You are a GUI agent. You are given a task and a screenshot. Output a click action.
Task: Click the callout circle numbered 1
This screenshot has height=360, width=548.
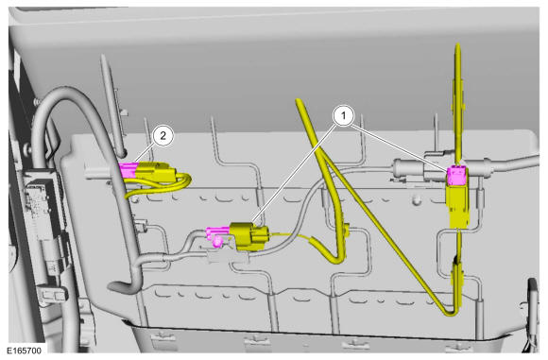(343, 115)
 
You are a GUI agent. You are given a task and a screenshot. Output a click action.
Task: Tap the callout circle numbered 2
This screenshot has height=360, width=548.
(163, 135)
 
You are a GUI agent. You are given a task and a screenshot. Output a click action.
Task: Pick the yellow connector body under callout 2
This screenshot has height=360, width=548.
(155, 172)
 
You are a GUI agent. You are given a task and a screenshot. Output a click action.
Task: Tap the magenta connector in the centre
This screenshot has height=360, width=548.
(217, 231)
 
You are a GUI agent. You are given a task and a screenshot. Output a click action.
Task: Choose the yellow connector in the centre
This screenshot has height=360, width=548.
(248, 236)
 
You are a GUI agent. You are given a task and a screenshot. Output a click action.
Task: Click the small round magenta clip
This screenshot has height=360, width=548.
(218, 241)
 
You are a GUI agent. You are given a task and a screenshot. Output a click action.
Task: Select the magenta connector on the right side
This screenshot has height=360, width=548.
(456, 175)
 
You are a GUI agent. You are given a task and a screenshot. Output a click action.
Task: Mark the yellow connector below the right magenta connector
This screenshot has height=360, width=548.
(457, 206)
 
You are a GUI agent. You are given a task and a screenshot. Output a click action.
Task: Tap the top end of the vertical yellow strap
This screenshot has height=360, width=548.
(457, 44)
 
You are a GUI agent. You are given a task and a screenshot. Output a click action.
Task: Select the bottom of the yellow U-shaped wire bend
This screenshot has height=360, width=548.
(334, 260)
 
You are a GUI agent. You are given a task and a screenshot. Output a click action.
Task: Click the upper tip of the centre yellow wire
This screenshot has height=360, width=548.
(299, 101)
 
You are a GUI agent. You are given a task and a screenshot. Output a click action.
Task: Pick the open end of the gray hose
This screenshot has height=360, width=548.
(114, 287)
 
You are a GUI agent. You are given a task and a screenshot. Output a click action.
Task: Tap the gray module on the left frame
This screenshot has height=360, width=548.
(42, 206)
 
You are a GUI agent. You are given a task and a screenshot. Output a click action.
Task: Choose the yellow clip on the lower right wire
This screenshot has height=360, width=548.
(458, 276)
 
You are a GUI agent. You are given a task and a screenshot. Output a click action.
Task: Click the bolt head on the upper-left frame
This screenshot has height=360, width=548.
(36, 101)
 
